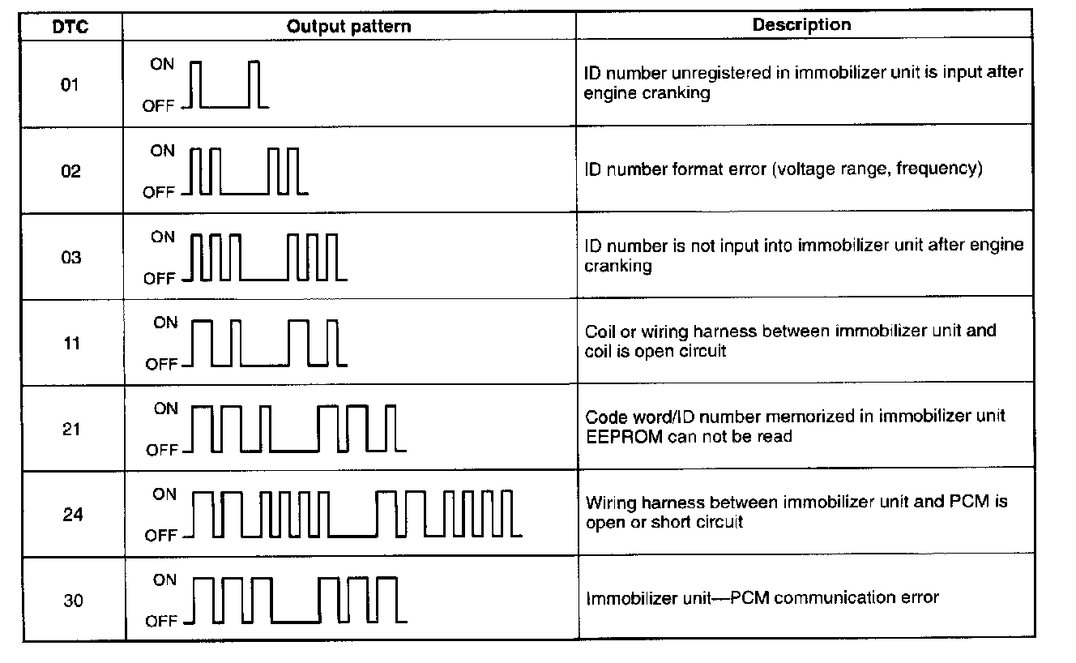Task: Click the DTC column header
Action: click(x=73, y=26)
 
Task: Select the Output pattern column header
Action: click(x=349, y=26)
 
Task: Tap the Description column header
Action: click(x=801, y=24)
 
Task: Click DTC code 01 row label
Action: click(x=70, y=85)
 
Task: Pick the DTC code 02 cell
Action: click(x=71, y=171)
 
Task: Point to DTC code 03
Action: click(x=71, y=258)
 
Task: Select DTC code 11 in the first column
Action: click(x=71, y=344)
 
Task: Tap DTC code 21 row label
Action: click(x=71, y=430)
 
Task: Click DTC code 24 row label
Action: click(x=73, y=515)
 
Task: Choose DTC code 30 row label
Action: click(x=74, y=601)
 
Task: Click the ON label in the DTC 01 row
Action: click(x=162, y=64)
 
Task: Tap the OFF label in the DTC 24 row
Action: click(x=161, y=536)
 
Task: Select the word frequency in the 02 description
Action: click(x=938, y=169)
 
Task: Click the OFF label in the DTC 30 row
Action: click(x=161, y=622)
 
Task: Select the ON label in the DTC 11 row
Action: click(x=164, y=323)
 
